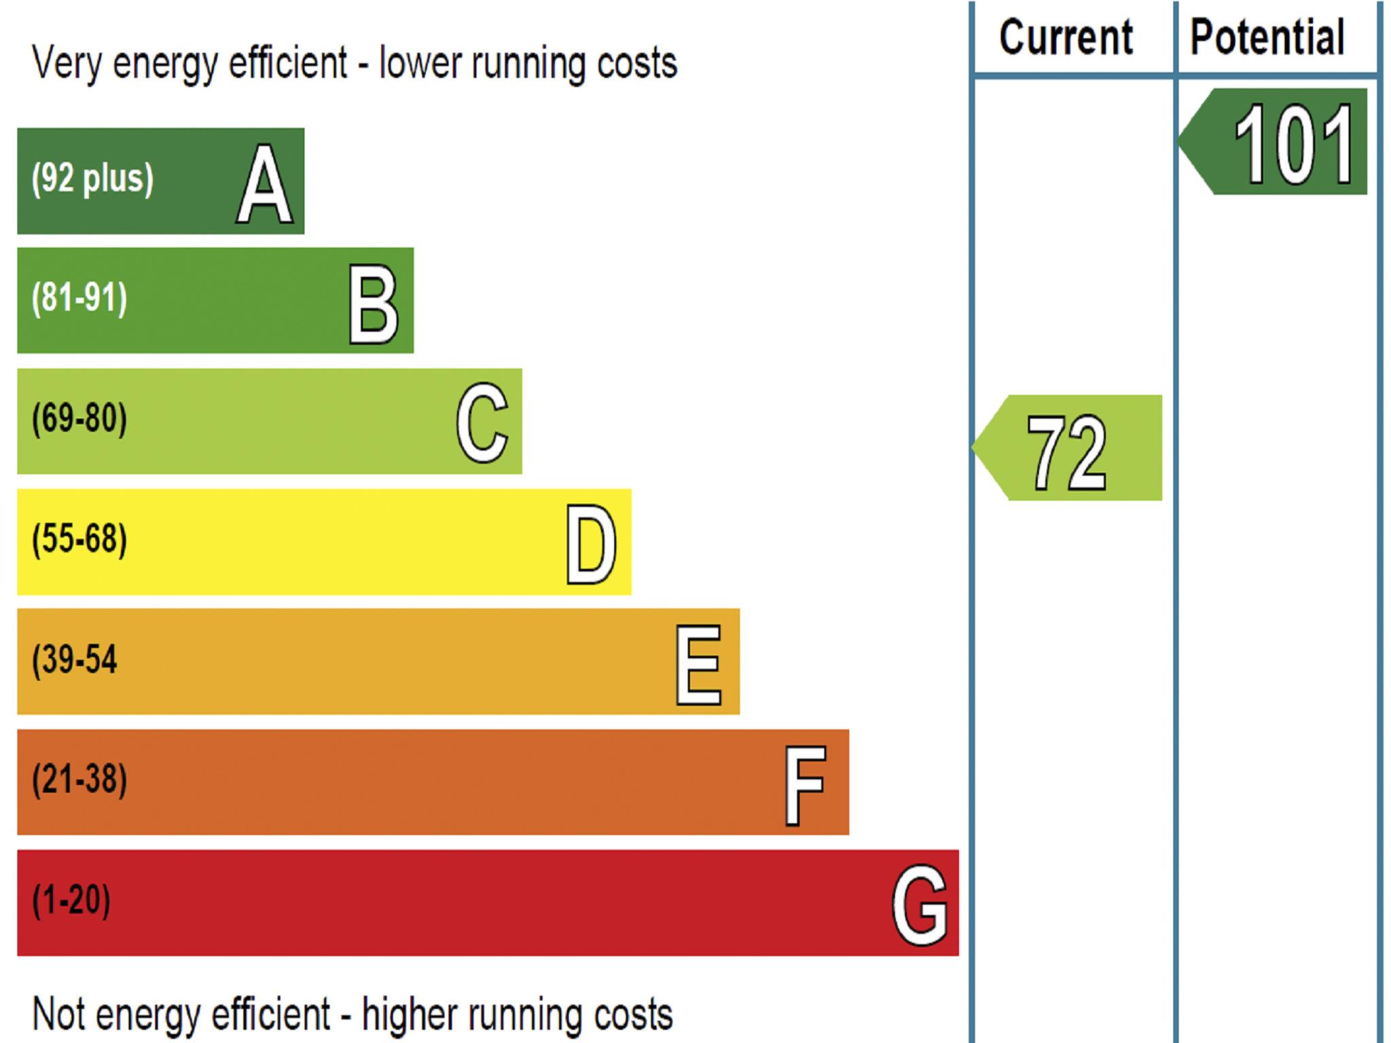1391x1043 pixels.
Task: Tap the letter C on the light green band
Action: pyautogui.click(x=482, y=422)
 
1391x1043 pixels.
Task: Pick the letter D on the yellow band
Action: pyautogui.click(x=592, y=544)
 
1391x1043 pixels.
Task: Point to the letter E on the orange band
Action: pyautogui.click(x=698, y=664)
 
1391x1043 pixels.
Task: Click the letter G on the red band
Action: pyautogui.click(x=919, y=904)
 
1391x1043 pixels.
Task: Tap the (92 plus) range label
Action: pyautogui.click(x=92, y=179)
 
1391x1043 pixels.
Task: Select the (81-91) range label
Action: pyautogui.click(x=79, y=298)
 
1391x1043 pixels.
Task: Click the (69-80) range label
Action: pyautogui.click(x=79, y=418)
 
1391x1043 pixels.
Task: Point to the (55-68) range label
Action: pyautogui.click(x=79, y=539)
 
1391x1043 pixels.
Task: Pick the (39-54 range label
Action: pyautogui.click(x=75, y=659)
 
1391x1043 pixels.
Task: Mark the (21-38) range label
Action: pyautogui.click(x=79, y=780)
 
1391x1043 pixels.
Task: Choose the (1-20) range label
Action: pyautogui.click(x=71, y=900)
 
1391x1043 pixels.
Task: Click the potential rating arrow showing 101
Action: pyautogui.click(x=1277, y=142)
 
